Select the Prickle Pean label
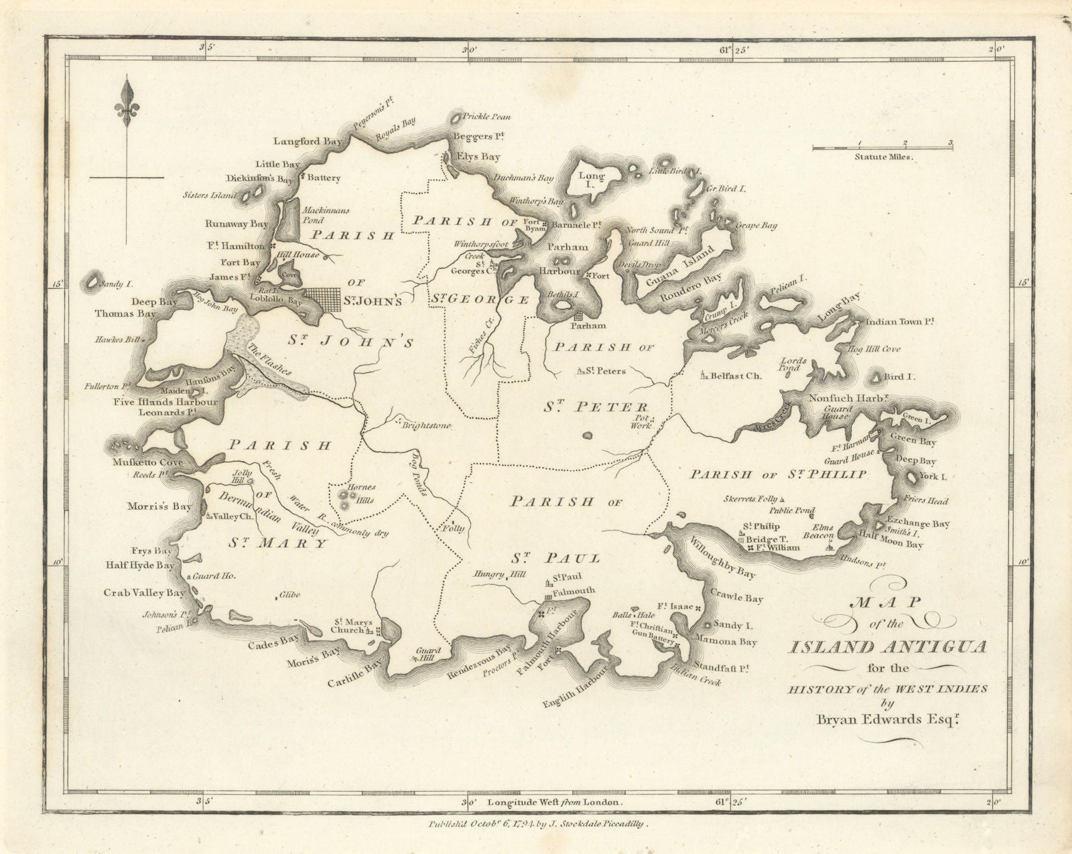tap(487, 117)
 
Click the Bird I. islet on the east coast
tap(878, 379)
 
